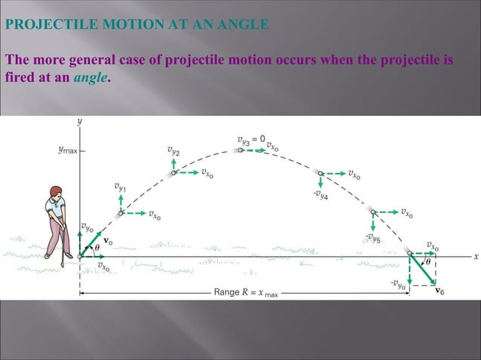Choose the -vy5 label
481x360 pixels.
pyautogui.click(x=372, y=238)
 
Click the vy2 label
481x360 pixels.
pyautogui.click(x=173, y=150)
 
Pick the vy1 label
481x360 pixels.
pyautogui.click(x=121, y=185)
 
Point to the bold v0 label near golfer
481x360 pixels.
pyautogui.click(x=108, y=241)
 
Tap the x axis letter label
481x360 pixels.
pyautogui.click(x=476, y=256)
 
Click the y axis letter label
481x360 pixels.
pyautogui.click(x=80, y=120)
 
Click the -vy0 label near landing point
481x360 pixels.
pyautogui.click(x=399, y=284)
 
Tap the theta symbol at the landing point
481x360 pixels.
pyautogui.click(x=428, y=262)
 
